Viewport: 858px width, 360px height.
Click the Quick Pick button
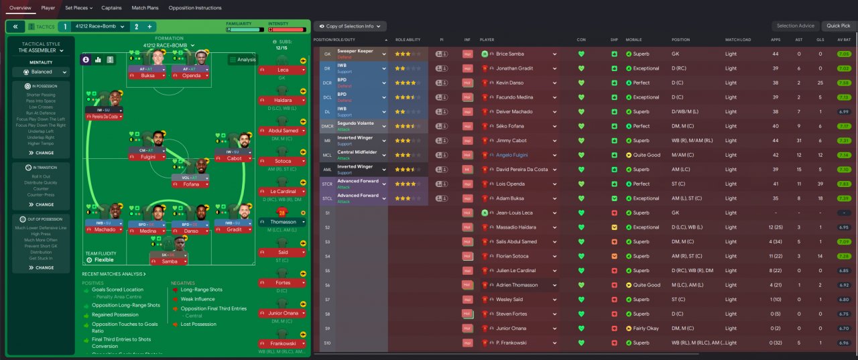pyautogui.click(x=839, y=26)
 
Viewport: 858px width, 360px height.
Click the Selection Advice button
pyautogui.click(x=796, y=26)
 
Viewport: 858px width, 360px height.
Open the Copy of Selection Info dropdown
pyautogui.click(x=350, y=26)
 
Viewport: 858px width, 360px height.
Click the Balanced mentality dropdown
pyautogui.click(x=41, y=72)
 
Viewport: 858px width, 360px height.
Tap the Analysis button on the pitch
pyautogui.click(x=243, y=60)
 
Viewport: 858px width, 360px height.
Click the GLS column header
pyautogui.click(x=820, y=40)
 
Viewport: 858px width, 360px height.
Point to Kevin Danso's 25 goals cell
pyautogui.click(x=820, y=83)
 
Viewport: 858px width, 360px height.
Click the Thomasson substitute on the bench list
pyautogui.click(x=282, y=222)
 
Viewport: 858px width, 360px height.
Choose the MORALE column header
pyautogui.click(x=633, y=40)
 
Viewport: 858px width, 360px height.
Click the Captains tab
pyautogui.click(x=111, y=8)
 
